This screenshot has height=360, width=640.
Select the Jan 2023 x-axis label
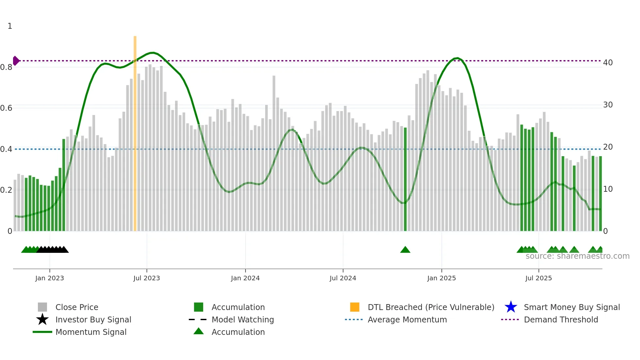pyautogui.click(x=50, y=278)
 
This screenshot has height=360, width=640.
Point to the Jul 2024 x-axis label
pyautogui.click(x=343, y=278)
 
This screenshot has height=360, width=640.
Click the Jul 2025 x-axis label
pyautogui.click(x=538, y=278)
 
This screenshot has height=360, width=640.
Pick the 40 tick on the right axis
pyautogui.click(x=608, y=62)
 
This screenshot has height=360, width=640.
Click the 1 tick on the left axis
pyautogui.click(x=10, y=26)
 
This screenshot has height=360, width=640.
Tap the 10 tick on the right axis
pyautogui.click(x=608, y=189)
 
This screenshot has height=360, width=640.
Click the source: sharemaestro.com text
pyautogui.click(x=577, y=256)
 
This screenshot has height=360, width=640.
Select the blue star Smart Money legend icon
pyautogui.click(x=511, y=307)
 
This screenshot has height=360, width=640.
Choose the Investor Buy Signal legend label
pyautogui.click(x=93, y=319)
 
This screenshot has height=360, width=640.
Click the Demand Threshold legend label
pyautogui.click(x=561, y=319)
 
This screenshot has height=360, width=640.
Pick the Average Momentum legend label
pyautogui.click(x=407, y=319)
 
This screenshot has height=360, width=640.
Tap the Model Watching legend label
pyautogui.click(x=243, y=319)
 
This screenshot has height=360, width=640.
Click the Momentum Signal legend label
pyautogui.click(x=91, y=332)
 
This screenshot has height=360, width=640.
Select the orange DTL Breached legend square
pyautogui.click(x=355, y=307)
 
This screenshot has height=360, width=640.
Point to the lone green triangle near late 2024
pyautogui.click(x=405, y=250)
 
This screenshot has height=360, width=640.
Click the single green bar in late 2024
pyautogui.click(x=405, y=180)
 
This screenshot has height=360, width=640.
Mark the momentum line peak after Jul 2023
pyautogui.click(x=152, y=53)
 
